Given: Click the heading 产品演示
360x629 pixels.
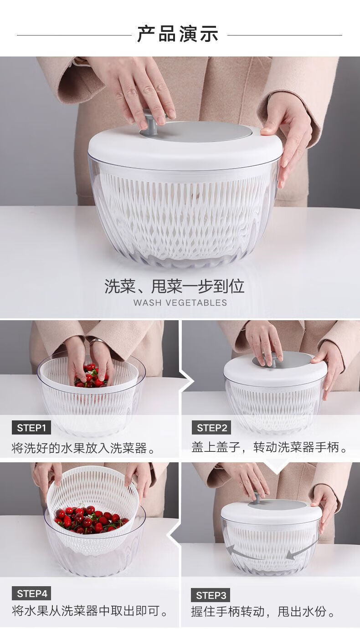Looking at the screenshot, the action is pyautogui.click(x=178, y=34).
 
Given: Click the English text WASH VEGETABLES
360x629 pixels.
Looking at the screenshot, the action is pyautogui.click(x=180, y=303).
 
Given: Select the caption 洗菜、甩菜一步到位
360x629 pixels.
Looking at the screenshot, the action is pyautogui.click(x=174, y=286).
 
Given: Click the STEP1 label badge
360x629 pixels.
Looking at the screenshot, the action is pyautogui.click(x=31, y=428).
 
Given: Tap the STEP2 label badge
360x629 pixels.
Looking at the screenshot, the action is pyautogui.click(x=211, y=428).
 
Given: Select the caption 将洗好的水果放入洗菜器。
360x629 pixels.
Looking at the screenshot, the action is pyautogui.click(x=83, y=448).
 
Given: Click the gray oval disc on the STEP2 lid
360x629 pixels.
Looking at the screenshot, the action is pyautogui.click(x=282, y=359).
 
